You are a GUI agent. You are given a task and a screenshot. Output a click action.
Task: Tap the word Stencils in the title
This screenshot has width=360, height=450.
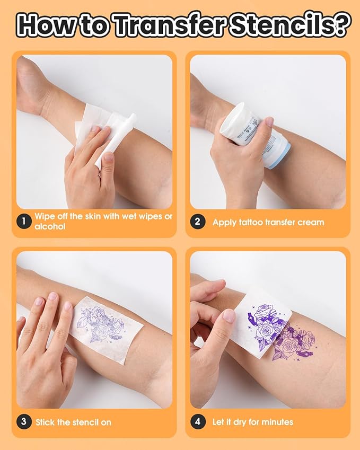pos(283,25)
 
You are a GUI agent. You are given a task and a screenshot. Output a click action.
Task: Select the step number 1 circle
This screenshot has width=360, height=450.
pos(23,222)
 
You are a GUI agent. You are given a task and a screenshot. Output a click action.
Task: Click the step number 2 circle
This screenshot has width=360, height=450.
pos(197,222)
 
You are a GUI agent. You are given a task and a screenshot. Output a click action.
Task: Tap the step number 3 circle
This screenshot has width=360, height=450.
pos(23,422)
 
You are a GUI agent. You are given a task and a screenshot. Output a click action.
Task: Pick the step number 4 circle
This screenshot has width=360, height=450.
pos(197,422)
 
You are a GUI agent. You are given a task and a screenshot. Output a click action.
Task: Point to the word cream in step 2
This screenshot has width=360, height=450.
pos(306,222)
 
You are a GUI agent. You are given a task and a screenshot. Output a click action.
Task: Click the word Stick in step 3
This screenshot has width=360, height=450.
pos(45,422)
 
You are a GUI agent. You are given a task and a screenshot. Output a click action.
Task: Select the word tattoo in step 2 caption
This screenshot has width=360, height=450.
pos(252,222)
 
